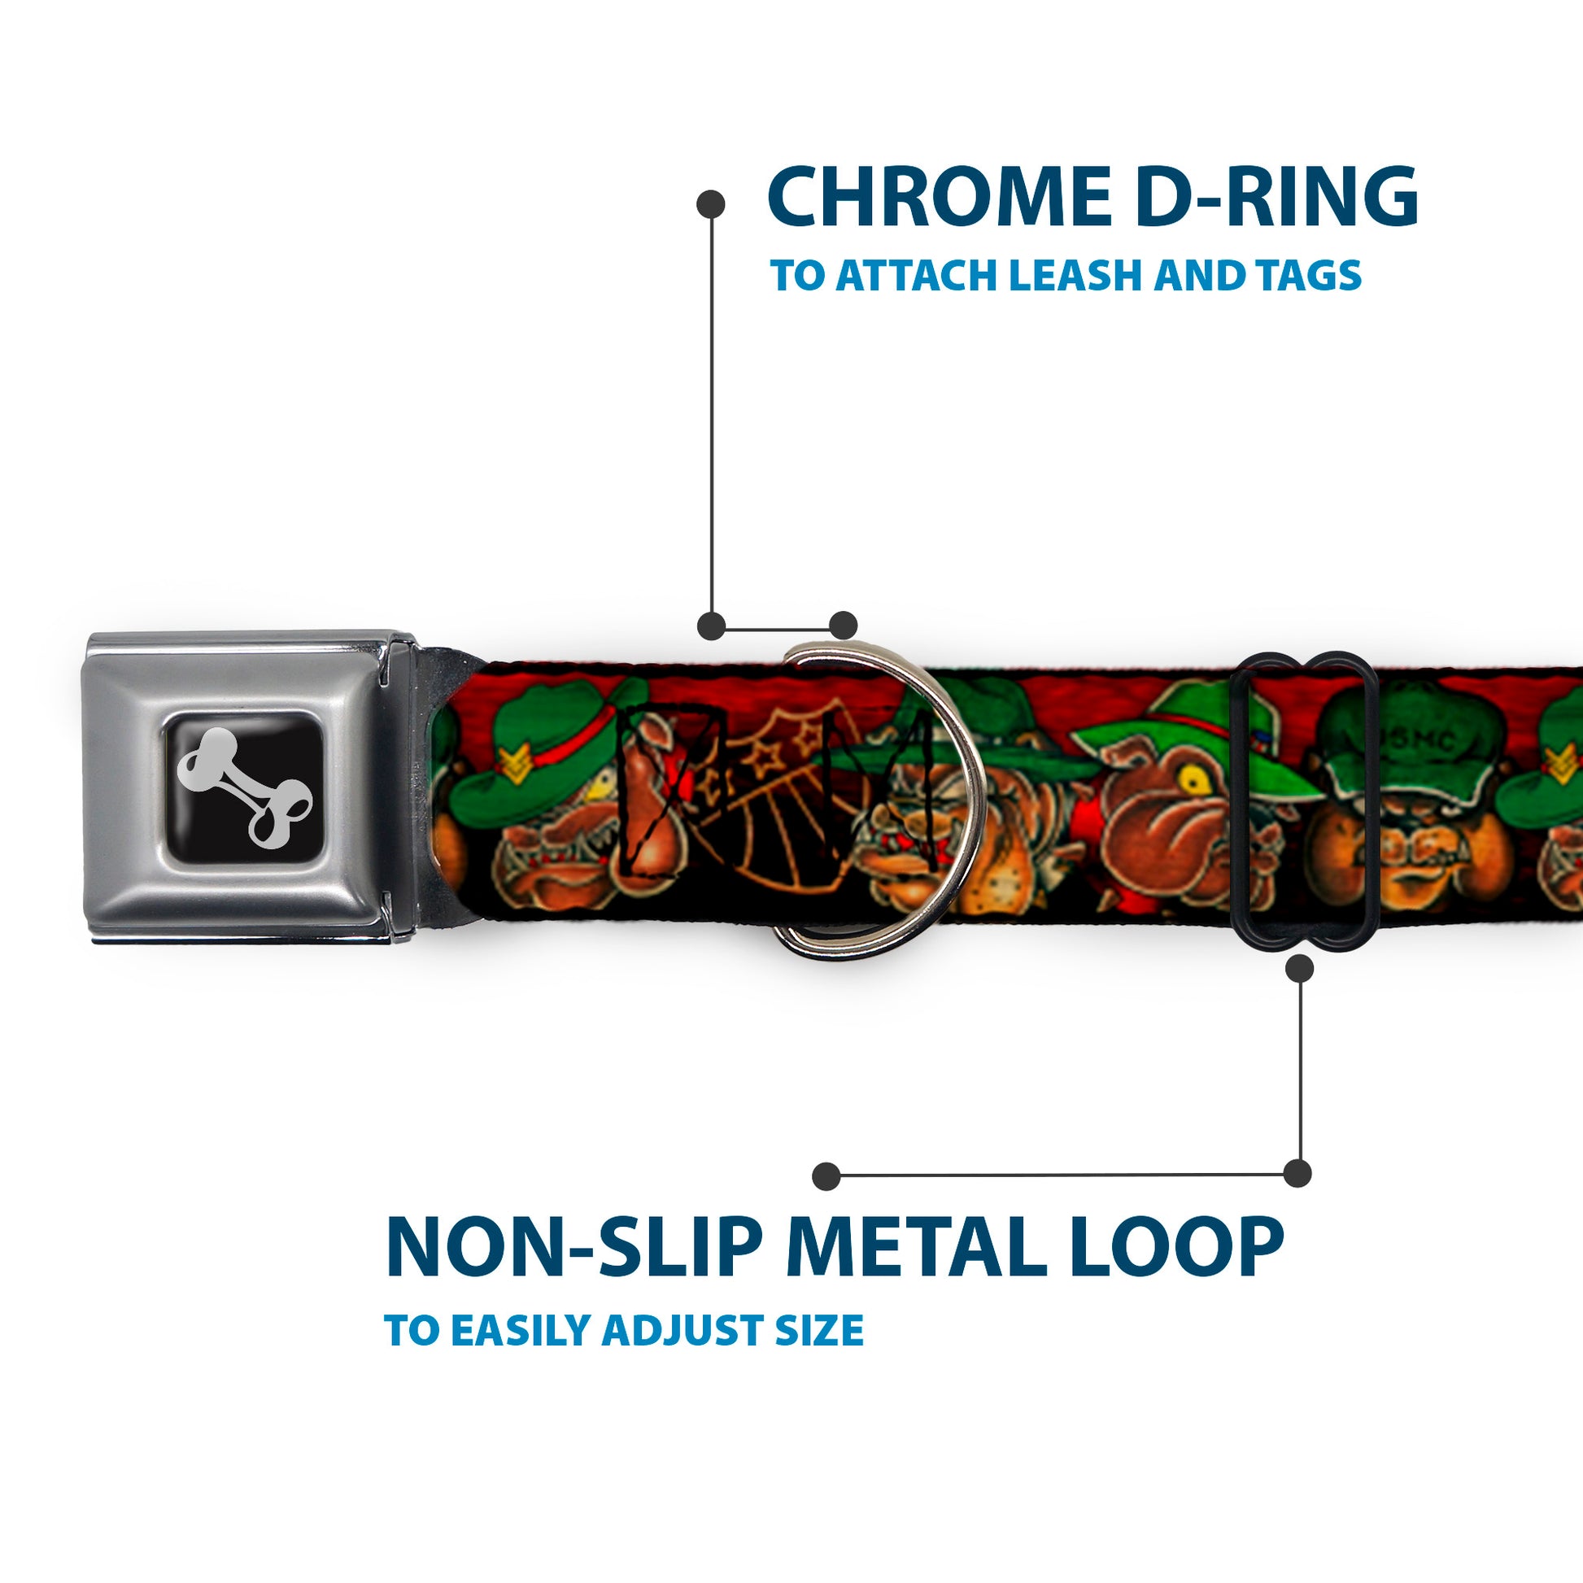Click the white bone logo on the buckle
(244, 789)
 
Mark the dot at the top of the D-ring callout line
(710, 204)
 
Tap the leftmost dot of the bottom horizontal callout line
(826, 1176)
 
